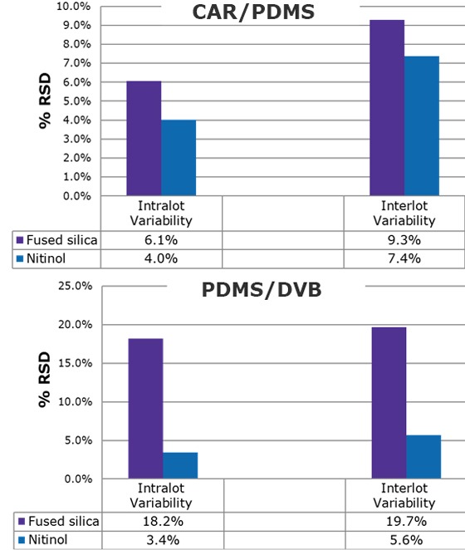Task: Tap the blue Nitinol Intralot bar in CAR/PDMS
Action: tap(179, 158)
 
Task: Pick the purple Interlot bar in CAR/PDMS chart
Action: tap(388, 108)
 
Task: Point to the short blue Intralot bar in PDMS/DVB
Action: tap(180, 465)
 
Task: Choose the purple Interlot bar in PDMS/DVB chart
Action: tap(389, 403)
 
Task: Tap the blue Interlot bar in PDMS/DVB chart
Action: tap(423, 457)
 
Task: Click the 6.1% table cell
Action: tap(161, 239)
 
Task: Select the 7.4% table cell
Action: tap(404, 258)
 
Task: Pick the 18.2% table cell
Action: tap(161, 522)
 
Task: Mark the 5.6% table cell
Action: tap(404, 539)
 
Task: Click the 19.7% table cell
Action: tap(404, 522)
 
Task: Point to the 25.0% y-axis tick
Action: tap(72, 287)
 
